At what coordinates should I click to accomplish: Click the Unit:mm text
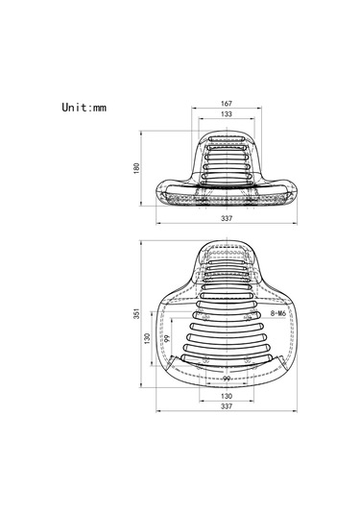tap(84, 108)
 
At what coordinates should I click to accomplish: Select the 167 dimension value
tap(227, 103)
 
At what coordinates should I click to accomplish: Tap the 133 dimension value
tap(227, 113)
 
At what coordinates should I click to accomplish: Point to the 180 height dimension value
tap(136, 168)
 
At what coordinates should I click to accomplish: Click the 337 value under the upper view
tap(227, 218)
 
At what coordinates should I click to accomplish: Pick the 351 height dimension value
tap(136, 313)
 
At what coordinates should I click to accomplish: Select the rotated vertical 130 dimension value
tap(147, 338)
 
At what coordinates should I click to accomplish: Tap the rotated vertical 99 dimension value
tap(167, 338)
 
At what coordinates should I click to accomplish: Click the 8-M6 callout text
tap(278, 313)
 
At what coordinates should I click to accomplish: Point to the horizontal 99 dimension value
tap(227, 379)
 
